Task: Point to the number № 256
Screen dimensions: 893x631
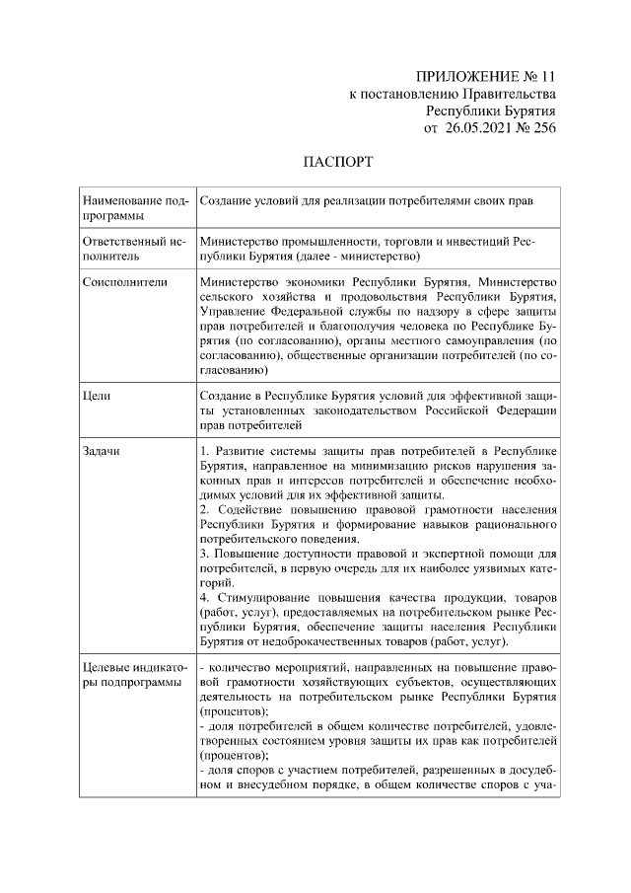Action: click(537, 128)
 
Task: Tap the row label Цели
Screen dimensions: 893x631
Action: click(96, 396)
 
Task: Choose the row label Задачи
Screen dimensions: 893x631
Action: click(102, 451)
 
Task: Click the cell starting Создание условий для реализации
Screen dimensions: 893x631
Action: click(366, 200)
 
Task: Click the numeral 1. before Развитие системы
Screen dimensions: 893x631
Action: click(204, 451)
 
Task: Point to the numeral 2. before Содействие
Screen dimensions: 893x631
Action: click(204, 509)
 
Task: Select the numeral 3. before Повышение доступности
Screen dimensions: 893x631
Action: click(204, 554)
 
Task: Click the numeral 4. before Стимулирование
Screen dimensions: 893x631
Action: click(204, 598)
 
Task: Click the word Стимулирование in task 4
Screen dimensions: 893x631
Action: click(258, 598)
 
